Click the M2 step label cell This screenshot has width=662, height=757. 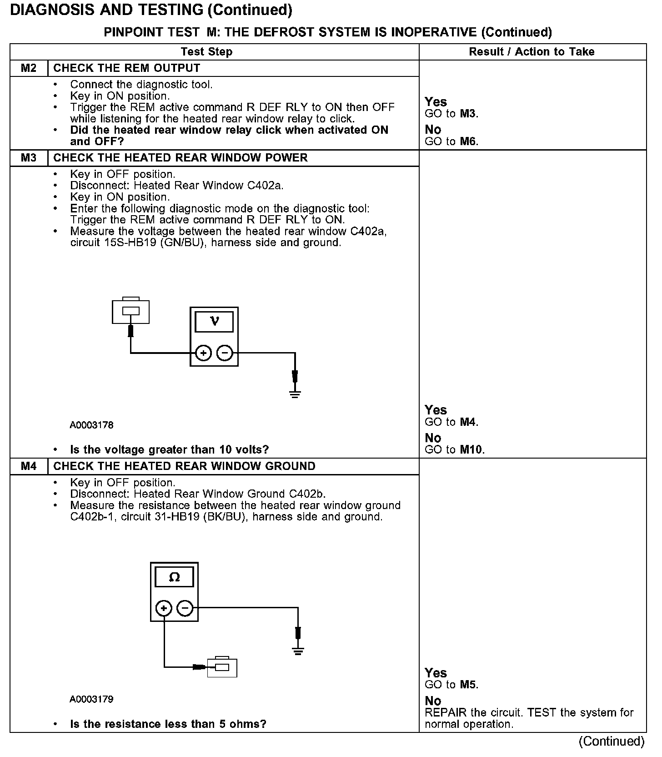click(29, 68)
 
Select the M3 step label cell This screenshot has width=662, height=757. click(29, 158)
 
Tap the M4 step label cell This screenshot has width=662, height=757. click(29, 466)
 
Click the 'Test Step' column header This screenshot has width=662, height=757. click(206, 52)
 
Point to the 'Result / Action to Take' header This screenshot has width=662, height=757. click(532, 52)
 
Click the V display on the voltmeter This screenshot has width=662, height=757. click(214, 322)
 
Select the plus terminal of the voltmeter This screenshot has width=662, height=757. click(204, 353)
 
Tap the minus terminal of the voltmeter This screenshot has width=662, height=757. click(225, 353)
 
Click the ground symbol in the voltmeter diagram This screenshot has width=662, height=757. click(295, 394)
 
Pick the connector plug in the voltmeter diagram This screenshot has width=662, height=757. click(130, 311)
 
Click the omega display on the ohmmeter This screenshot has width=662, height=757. click(174, 577)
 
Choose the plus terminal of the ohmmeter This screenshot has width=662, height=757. click(164, 608)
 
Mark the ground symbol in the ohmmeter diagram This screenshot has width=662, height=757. click(298, 651)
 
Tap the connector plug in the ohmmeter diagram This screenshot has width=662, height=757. click(222, 667)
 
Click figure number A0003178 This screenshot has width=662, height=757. click(91, 425)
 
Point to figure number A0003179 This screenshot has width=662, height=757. click(91, 699)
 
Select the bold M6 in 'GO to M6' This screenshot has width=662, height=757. click(468, 141)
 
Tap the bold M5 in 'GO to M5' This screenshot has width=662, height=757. click(468, 685)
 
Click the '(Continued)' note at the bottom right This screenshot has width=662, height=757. click(611, 742)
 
